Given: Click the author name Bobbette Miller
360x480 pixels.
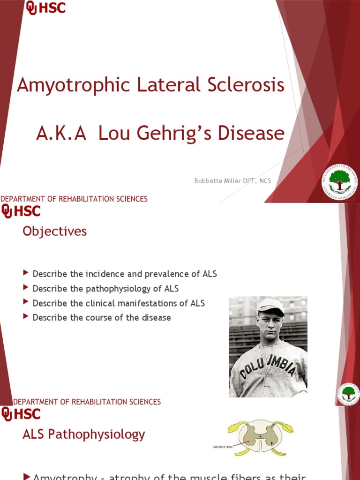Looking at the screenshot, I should [216, 181].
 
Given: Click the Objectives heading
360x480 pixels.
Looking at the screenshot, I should [54, 231].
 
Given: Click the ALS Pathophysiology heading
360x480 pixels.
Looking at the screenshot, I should [84, 435].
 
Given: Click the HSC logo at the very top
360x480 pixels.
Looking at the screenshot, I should [45, 8].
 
